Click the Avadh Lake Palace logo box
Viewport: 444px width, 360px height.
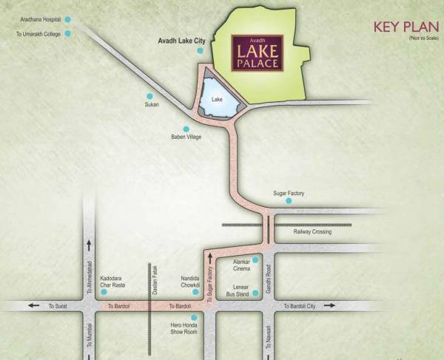point(256,54)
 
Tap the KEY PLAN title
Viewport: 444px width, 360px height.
point(402,29)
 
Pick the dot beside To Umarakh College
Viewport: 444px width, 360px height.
point(67,33)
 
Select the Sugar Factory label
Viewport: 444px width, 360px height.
point(289,194)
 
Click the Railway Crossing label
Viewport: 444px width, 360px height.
point(312,232)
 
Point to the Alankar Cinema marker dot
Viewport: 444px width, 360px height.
point(255,260)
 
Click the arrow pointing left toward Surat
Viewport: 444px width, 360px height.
point(34,305)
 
